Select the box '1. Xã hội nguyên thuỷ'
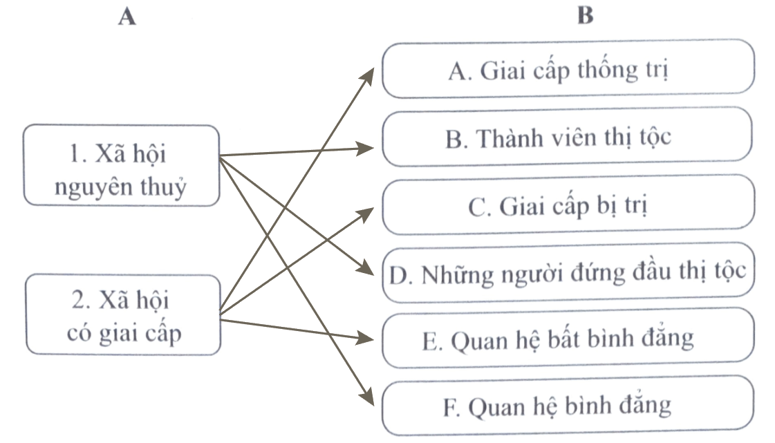pyautogui.click(x=121, y=165)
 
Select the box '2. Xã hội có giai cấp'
pyautogui.click(x=121, y=315)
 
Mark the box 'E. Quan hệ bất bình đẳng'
pyautogui.click(x=568, y=338)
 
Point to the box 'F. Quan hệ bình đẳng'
pyautogui.click(x=568, y=405)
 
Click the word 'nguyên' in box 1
pyautogui.click(x=91, y=188)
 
